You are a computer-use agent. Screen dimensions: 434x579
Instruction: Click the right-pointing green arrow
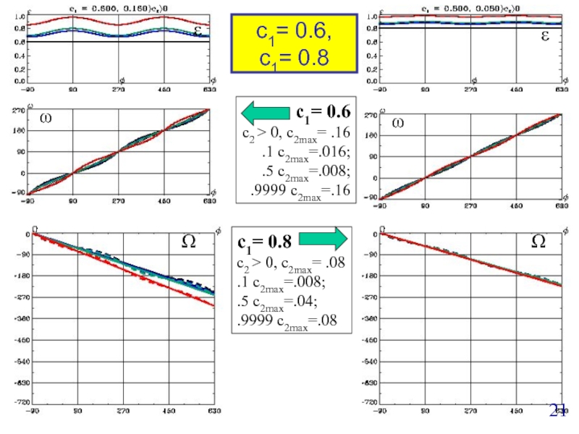(x=323, y=239)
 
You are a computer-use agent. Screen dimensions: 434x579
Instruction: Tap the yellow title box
(x=293, y=43)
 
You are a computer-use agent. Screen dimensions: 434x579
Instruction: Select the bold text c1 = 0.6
(x=323, y=112)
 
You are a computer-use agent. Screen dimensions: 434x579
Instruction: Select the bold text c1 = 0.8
(x=265, y=241)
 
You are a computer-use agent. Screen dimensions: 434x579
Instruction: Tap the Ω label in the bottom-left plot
(x=187, y=242)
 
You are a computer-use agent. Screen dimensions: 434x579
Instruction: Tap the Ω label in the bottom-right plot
(x=538, y=242)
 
